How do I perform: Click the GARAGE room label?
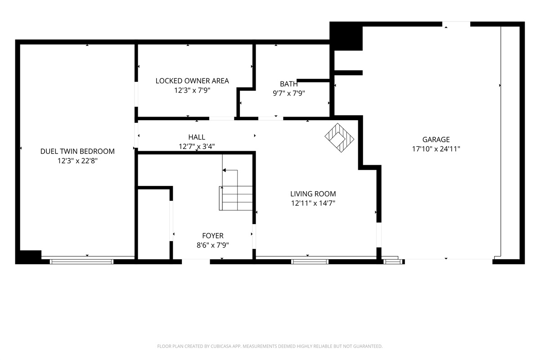pyautogui.click(x=436, y=139)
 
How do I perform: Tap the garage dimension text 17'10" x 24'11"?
pyautogui.click(x=436, y=148)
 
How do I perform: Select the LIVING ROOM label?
pyautogui.click(x=313, y=194)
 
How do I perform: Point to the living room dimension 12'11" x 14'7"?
pyautogui.click(x=313, y=203)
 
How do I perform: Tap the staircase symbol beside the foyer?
pyautogui.click(x=236, y=198)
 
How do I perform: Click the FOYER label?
pyautogui.click(x=212, y=236)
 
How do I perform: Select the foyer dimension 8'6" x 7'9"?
pyautogui.click(x=212, y=245)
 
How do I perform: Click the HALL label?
pyautogui.click(x=197, y=137)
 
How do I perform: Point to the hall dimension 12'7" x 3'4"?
pyautogui.click(x=197, y=146)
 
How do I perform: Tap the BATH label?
pyautogui.click(x=288, y=84)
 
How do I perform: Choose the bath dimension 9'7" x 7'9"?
pyautogui.click(x=288, y=93)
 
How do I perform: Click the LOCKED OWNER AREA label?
pyautogui.click(x=192, y=81)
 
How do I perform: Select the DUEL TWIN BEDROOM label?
pyautogui.click(x=77, y=152)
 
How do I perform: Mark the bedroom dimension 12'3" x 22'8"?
pyautogui.click(x=77, y=161)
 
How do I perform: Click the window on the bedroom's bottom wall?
pyautogui.click(x=81, y=261)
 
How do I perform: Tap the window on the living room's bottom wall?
pyautogui.click(x=310, y=261)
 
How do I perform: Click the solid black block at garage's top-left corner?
pyautogui.click(x=346, y=36)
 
